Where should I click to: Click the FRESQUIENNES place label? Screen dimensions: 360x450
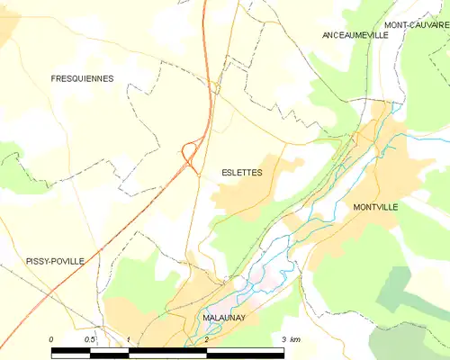tap(82, 79)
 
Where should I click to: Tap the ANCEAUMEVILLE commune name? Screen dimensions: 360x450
tap(355, 34)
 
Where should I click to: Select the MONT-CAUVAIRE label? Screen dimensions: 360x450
tap(417, 24)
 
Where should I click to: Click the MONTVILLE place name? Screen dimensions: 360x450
tap(375, 206)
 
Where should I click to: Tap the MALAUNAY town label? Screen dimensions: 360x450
tap(213, 318)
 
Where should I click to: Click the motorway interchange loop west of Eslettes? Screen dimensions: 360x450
tap(189, 152)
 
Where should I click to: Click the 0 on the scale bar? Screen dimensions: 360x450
tap(51, 339)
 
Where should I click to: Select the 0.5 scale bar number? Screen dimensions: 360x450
tap(90, 339)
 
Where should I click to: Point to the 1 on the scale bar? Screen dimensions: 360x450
tap(129, 339)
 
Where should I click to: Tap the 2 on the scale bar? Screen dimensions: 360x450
tap(206, 339)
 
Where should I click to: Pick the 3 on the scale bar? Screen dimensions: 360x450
tap(284, 339)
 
